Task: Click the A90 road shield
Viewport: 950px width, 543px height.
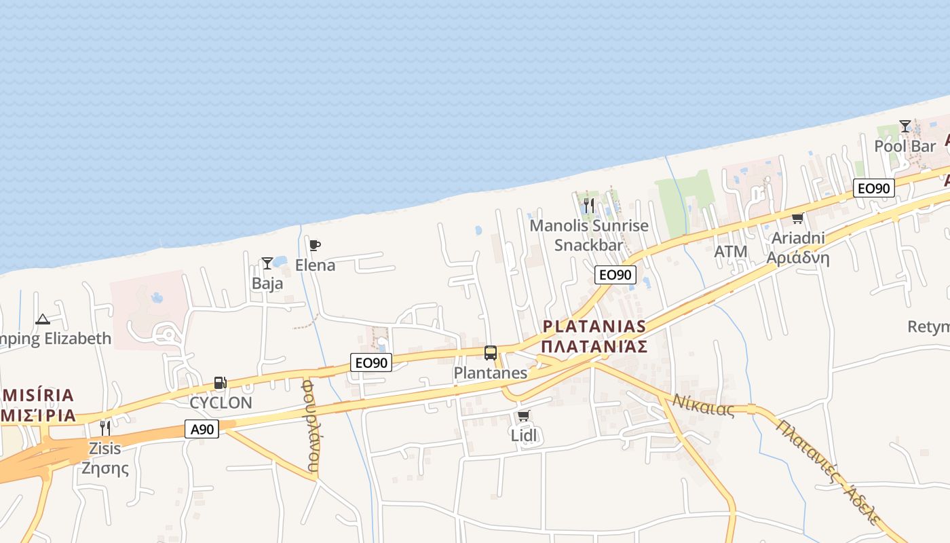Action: tap(202, 429)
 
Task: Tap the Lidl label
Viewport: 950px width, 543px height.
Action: tap(524, 435)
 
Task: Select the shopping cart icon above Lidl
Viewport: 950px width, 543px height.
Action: tap(523, 415)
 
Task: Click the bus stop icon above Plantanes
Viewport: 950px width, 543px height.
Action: tap(491, 353)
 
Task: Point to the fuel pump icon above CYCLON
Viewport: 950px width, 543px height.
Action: tap(220, 383)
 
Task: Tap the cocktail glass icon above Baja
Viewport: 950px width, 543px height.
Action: tap(267, 263)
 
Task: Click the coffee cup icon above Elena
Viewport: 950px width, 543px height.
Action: tap(315, 245)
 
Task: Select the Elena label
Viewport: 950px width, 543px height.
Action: tap(315, 265)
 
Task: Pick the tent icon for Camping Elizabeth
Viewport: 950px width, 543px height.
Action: tap(43, 319)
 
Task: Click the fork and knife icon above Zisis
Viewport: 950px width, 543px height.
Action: tap(104, 428)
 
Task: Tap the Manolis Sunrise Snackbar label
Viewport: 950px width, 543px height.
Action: tap(589, 235)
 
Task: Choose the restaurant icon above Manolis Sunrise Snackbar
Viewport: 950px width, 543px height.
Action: tap(589, 204)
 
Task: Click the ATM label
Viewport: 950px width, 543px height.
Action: tap(731, 252)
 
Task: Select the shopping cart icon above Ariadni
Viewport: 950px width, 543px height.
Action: tap(797, 218)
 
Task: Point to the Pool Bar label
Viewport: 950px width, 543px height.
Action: tap(905, 146)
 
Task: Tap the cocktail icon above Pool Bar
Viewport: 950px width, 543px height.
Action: tap(905, 126)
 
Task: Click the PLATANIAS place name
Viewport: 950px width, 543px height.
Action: tap(594, 326)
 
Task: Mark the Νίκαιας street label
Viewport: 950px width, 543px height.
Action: tap(703, 405)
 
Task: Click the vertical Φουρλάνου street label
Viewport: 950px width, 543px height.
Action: tap(310, 426)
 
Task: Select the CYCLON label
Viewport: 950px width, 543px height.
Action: tap(221, 402)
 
